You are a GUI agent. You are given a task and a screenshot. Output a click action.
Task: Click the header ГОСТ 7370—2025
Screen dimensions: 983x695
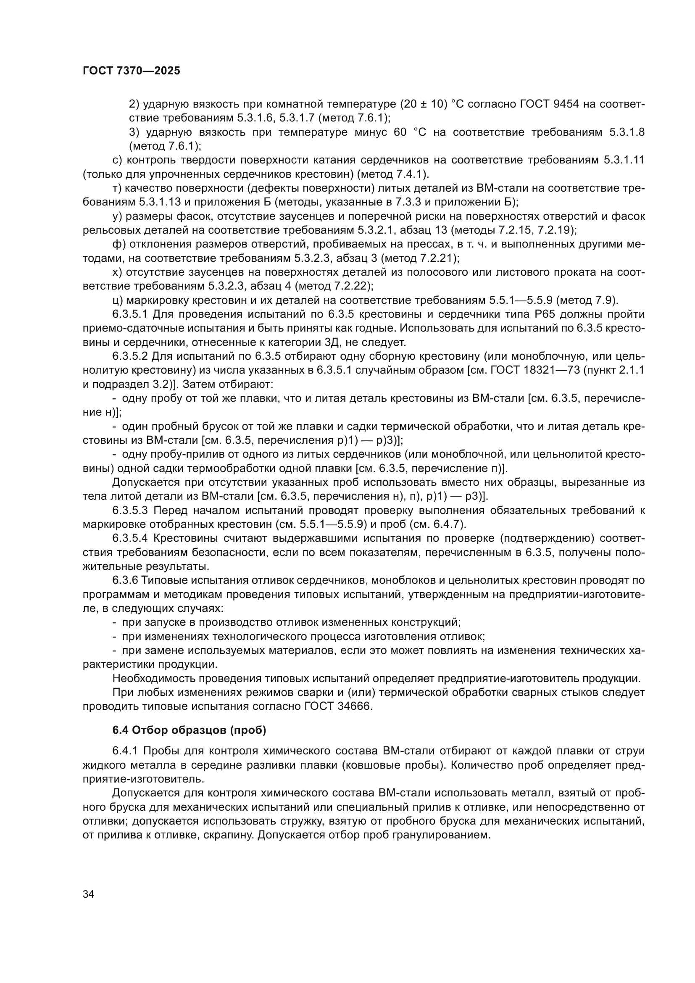(132, 71)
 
